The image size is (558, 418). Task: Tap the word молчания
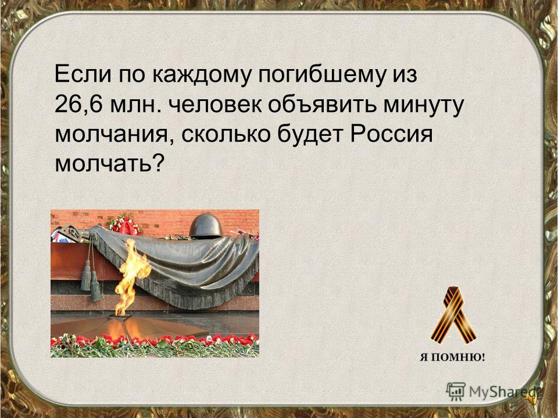[x=114, y=136]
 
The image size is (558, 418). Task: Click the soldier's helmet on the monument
[x=206, y=226]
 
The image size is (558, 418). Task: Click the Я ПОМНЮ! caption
[x=452, y=357]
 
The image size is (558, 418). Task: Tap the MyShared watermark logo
[x=492, y=392]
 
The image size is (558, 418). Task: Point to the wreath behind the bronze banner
[x=124, y=225]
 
